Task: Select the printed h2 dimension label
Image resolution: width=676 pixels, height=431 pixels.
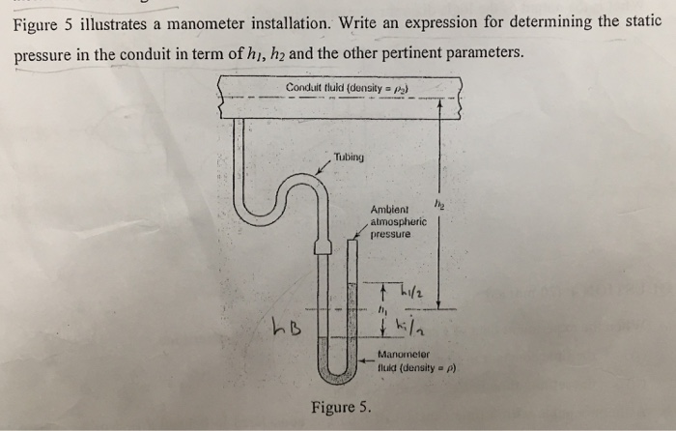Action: tap(439, 204)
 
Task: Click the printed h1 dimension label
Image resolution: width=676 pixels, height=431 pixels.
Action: tap(383, 310)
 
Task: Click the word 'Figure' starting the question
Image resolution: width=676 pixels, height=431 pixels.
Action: tap(36, 20)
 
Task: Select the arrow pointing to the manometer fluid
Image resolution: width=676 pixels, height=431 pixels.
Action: tap(363, 355)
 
